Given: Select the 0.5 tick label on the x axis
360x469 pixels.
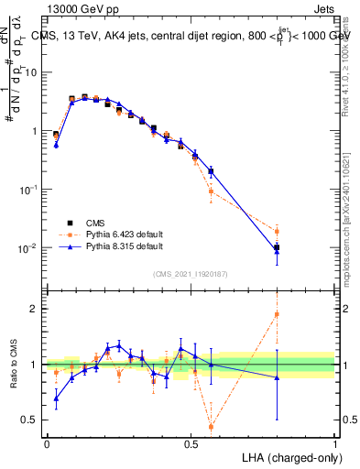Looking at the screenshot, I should tap(191, 444).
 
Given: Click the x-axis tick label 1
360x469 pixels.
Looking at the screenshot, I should tap(335, 444).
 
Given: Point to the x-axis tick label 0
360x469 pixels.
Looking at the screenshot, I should tap(47, 444).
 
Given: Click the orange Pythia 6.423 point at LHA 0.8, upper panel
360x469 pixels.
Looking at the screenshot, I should tap(277, 231).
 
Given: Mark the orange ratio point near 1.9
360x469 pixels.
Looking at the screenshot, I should tap(277, 314).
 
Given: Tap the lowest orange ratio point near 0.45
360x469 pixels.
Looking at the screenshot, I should tap(212, 427).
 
